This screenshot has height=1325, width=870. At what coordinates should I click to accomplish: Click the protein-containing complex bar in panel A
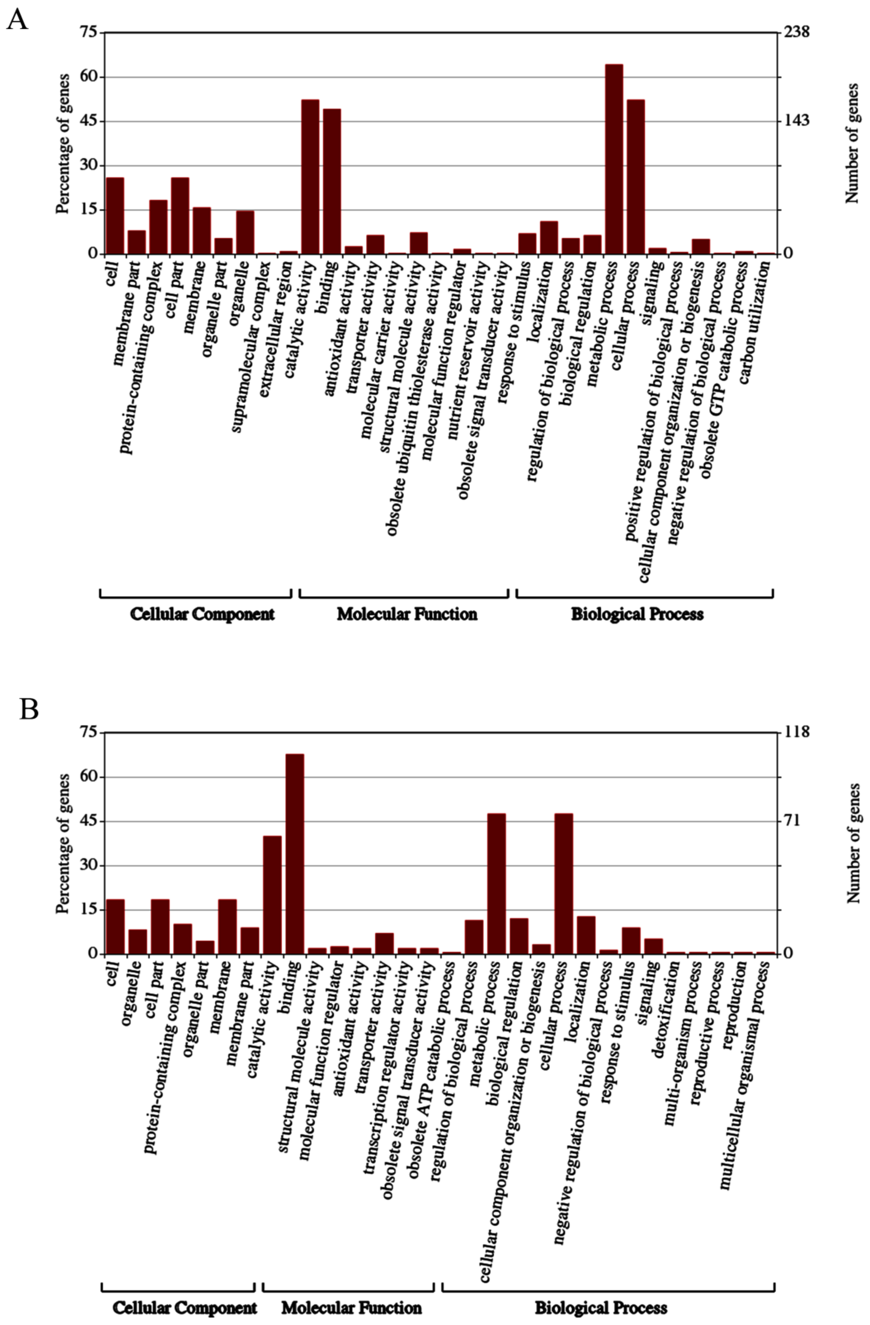[x=158, y=227]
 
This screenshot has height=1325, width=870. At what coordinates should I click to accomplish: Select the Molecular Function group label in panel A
[x=406, y=614]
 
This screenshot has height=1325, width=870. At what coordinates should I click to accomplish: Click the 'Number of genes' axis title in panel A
[x=852, y=144]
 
